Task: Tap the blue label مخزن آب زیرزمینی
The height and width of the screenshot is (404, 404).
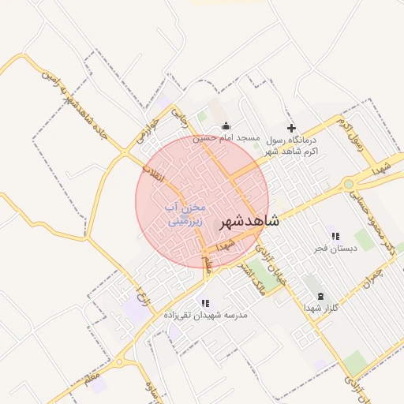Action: [185, 214]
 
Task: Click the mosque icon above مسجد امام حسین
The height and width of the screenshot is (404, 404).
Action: [226, 126]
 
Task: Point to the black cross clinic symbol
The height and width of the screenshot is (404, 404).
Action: [291, 128]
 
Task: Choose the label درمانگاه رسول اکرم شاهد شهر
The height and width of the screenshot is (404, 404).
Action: [291, 144]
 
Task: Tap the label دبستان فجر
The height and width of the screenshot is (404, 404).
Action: [335, 248]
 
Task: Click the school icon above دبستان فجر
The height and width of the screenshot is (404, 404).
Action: [335, 236]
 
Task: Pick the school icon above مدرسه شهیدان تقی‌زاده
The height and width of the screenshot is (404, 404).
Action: [205, 302]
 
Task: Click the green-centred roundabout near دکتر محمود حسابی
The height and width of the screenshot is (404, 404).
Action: [348, 185]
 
